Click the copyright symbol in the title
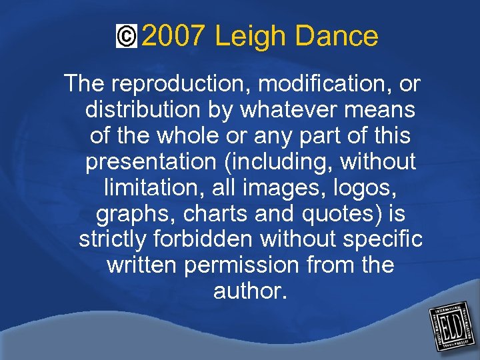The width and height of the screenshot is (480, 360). coord(125,37)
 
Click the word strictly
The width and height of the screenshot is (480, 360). coord(113,239)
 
